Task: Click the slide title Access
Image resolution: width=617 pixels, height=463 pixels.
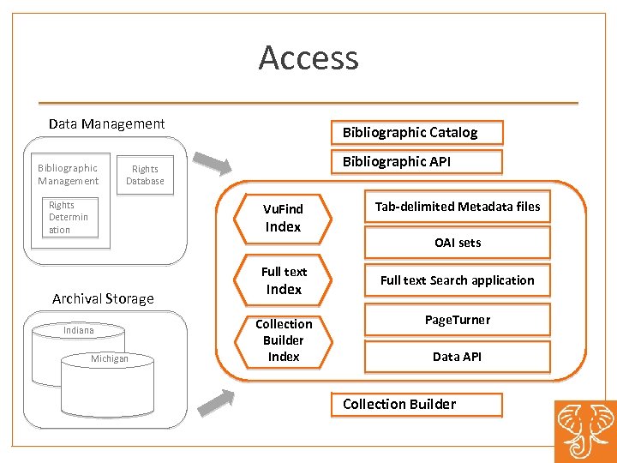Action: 308,58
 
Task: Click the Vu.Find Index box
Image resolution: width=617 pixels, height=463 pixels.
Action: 283,218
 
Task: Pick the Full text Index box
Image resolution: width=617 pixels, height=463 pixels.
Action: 284,280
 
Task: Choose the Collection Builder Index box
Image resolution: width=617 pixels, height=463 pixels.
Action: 284,340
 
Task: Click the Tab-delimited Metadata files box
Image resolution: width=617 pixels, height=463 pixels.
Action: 457,207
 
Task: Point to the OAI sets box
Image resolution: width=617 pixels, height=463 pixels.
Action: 457,243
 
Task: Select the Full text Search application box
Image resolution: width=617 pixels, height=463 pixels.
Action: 457,280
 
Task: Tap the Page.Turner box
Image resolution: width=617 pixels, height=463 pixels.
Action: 457,320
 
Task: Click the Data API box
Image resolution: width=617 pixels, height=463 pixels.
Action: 457,357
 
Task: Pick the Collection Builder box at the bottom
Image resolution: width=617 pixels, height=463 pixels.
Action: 416,404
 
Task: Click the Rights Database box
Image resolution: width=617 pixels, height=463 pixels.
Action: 145,175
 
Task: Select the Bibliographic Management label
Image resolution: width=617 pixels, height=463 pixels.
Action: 68,174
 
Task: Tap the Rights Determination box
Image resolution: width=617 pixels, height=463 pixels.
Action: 70,218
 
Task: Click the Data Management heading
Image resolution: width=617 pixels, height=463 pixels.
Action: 106,123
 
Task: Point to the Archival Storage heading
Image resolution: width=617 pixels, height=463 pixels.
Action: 103,298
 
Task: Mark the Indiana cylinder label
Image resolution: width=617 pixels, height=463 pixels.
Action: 78,330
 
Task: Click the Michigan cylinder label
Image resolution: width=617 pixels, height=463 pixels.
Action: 110,358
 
